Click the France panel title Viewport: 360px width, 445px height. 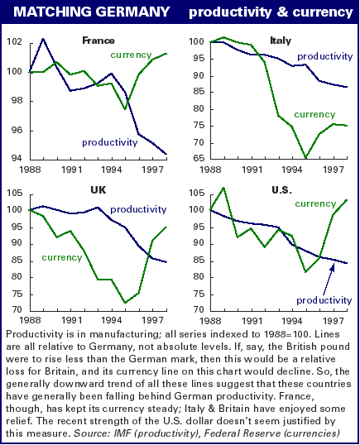point(98,41)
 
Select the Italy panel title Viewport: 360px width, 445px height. point(281,41)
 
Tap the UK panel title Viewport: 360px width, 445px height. point(98,189)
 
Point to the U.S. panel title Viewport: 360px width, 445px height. point(281,189)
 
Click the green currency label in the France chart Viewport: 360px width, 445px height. point(131,55)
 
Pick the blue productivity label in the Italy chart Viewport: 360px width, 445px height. point(324,56)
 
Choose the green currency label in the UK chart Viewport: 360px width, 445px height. point(62,257)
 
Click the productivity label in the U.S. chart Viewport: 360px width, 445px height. point(324,300)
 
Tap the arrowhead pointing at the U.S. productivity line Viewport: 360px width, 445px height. point(332,267)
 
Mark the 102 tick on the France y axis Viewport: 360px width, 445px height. point(14,41)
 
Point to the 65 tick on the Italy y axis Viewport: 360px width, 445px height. point(199,158)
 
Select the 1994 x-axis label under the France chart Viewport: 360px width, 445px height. point(112,170)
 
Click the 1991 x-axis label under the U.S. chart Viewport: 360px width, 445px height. point(252,321)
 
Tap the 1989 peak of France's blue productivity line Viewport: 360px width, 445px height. point(43,39)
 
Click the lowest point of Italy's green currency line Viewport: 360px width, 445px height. point(305,157)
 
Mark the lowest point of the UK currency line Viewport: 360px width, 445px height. point(125,303)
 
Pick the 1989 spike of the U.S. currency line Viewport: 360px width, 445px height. point(223,188)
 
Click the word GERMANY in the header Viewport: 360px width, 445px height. point(132,12)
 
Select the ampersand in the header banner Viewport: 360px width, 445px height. point(281,12)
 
